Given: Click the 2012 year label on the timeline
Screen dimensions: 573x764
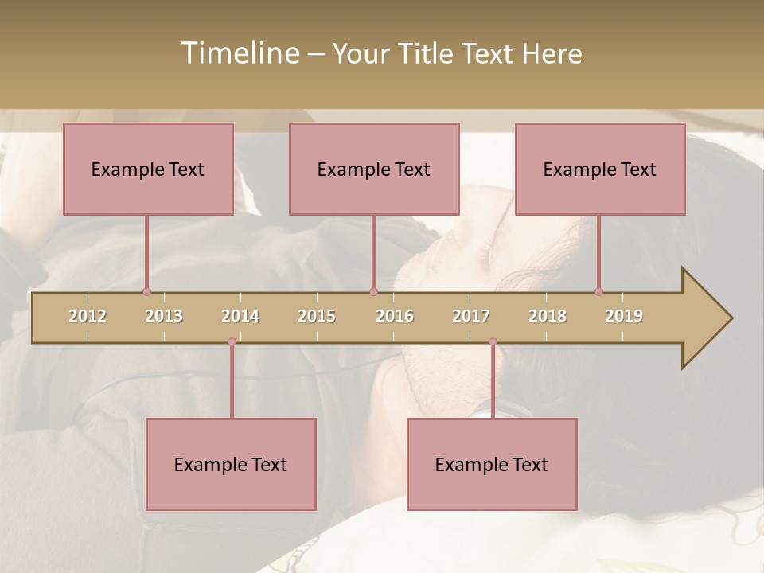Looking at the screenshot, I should click(x=88, y=316).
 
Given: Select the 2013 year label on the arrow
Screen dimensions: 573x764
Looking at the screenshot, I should click(x=164, y=316).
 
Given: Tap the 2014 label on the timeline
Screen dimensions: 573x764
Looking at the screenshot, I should click(x=240, y=316).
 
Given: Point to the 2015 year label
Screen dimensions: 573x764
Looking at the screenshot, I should click(x=317, y=316).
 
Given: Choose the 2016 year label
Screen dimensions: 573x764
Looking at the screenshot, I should click(x=395, y=316).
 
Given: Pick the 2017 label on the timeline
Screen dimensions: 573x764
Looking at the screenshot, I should click(x=471, y=316).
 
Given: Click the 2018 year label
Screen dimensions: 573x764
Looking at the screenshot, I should click(x=548, y=316).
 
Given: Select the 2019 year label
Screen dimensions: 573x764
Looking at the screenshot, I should click(x=624, y=316).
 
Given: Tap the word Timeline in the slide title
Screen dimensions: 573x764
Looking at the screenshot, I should click(x=239, y=53).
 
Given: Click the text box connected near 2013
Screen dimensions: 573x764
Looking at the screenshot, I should click(x=148, y=170).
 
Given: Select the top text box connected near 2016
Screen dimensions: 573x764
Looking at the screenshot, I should click(x=374, y=170).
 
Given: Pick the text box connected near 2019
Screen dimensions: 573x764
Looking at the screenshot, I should click(x=600, y=170).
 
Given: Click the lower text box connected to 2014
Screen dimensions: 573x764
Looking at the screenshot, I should click(x=231, y=464).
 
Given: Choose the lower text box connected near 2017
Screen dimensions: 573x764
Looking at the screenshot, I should click(x=492, y=464).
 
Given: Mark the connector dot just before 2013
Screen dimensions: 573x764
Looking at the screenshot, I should click(x=146, y=292).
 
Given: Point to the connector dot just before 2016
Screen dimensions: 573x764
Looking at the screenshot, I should click(x=373, y=292).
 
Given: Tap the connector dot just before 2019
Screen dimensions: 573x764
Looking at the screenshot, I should click(x=598, y=292).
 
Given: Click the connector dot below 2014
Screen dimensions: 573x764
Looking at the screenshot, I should click(x=232, y=342).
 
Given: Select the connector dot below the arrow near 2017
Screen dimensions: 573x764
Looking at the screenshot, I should click(x=493, y=342).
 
